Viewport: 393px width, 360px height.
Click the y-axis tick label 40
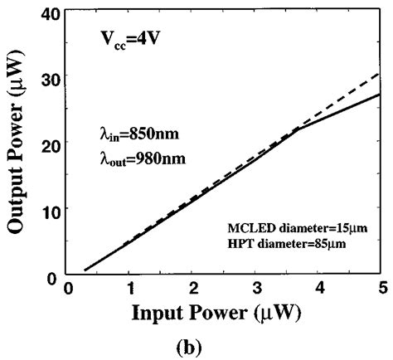(49, 12)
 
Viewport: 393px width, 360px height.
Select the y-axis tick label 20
(49, 143)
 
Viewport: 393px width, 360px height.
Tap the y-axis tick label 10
(49, 208)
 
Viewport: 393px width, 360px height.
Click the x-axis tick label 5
(381, 287)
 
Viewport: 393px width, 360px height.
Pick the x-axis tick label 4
(319, 287)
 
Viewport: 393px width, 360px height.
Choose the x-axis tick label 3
(256, 287)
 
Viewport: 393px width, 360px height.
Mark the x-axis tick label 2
(194, 287)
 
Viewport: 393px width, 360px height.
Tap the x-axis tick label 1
(131, 287)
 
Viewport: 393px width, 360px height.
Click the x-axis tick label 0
(70, 287)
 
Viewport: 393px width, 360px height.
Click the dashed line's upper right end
(381, 73)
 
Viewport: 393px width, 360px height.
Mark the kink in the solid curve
(296, 129)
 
